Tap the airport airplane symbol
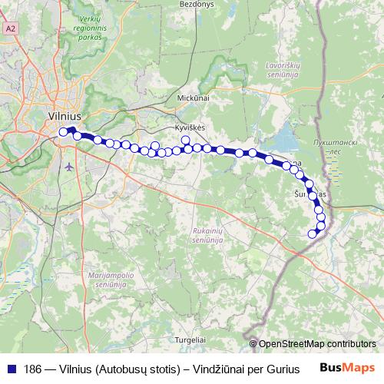coord(71,165)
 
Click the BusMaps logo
coord(347,367)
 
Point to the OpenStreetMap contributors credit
coord(316,344)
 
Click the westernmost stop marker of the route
coord(64,132)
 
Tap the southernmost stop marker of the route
coord(313,234)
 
